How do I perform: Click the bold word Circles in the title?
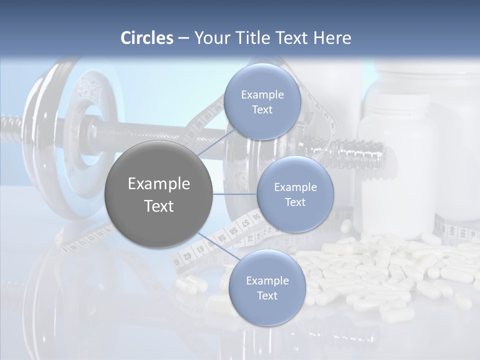pos(147,38)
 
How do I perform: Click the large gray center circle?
pos(159,194)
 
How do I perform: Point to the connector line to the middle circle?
pos(235,193)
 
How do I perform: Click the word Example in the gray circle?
pos(159,183)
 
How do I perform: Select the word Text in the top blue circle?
pos(262,110)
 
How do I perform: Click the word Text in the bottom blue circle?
pos(267,295)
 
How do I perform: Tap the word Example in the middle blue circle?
pos(295,187)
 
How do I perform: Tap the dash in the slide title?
pos(183,38)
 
